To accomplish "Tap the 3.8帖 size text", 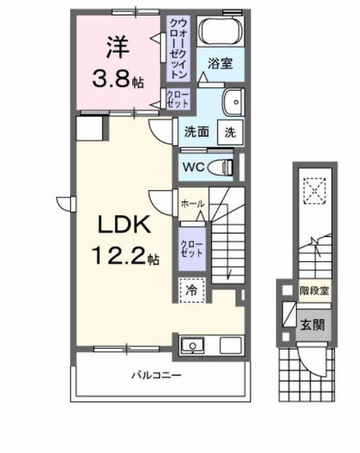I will coord(117,79).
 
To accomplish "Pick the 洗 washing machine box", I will coord(230,131).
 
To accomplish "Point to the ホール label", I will coord(192,204).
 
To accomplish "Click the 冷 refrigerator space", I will coord(192,290).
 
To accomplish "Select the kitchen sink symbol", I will coord(192,346).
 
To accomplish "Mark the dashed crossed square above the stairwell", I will coord(311,189).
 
